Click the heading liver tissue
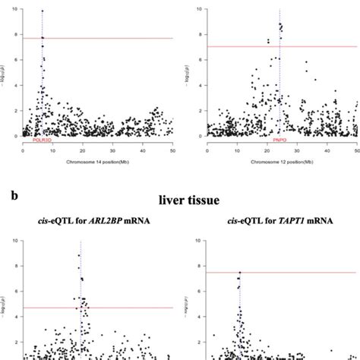190,201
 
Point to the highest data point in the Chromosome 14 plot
43,11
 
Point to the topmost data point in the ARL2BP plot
78,255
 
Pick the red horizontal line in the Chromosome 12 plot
304,47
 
